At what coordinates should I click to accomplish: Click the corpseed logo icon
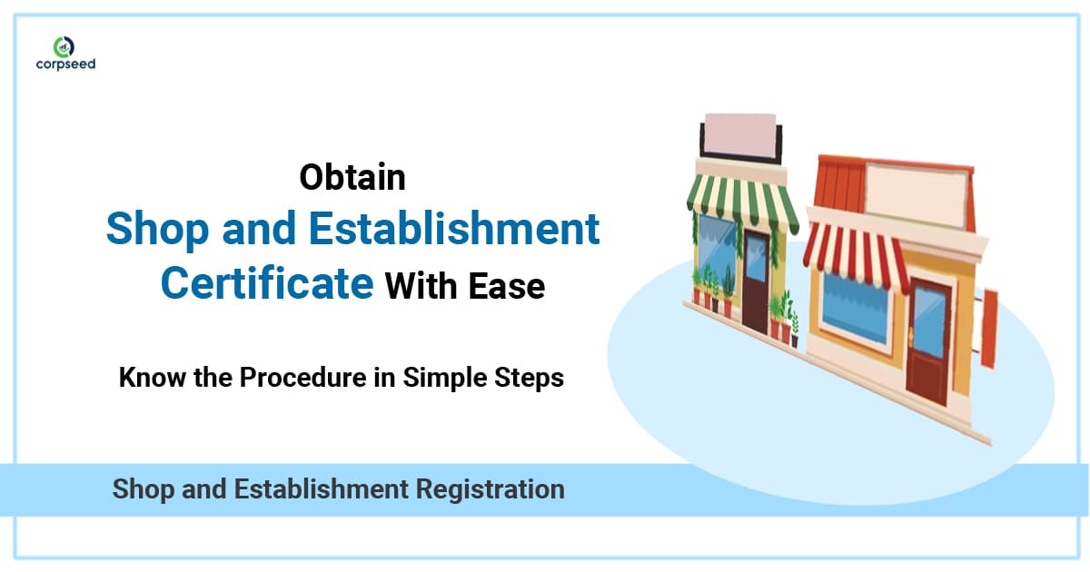point(63,44)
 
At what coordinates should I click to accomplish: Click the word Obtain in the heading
point(352,177)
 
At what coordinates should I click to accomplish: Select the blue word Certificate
point(267,284)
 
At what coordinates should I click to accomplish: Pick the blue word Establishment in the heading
point(451,230)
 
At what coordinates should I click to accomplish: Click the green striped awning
point(740,195)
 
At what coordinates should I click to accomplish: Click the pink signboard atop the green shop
point(738,136)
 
